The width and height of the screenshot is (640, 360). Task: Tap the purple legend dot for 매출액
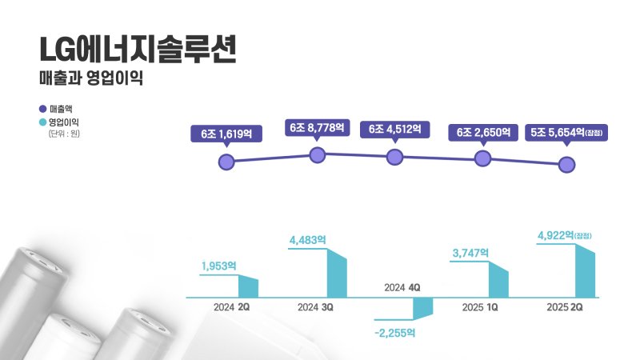[x=42, y=108]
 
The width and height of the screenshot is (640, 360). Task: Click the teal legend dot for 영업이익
[x=42, y=122]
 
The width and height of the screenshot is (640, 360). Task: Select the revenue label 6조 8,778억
[x=317, y=127]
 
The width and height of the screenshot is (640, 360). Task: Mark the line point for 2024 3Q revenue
[x=318, y=154]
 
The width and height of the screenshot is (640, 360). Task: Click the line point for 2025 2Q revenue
[x=566, y=165]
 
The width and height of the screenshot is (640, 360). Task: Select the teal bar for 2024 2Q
[x=248, y=287]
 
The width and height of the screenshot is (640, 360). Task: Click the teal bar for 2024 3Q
[x=337, y=274]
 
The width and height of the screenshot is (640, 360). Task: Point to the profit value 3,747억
[x=469, y=253]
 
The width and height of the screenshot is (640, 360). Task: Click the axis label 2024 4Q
[x=402, y=287]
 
